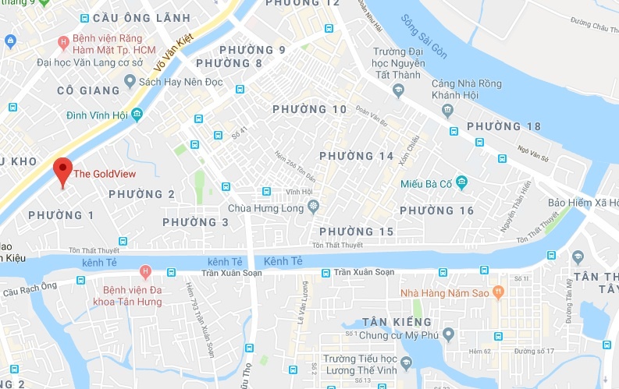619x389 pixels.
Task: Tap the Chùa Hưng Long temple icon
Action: tap(314, 207)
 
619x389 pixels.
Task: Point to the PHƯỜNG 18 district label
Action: tap(503, 127)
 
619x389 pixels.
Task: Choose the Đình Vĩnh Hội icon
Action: tap(137, 115)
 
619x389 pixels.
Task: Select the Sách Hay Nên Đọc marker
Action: tap(130, 81)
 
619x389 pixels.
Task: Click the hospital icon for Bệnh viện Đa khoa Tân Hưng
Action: tap(144, 271)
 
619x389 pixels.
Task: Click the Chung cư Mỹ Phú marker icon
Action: tap(448, 335)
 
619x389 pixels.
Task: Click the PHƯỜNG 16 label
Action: tap(436, 211)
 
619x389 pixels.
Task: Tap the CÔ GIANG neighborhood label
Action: tap(88, 91)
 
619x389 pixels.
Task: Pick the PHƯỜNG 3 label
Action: tap(195, 223)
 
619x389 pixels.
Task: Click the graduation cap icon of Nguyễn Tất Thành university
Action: tap(398, 90)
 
